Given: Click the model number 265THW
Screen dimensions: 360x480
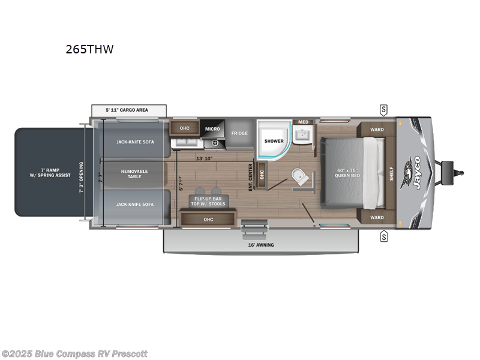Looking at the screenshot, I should (89, 50).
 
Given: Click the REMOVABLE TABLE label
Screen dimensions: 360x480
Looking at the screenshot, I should (134, 174).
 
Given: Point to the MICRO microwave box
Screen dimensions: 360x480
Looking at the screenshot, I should (212, 128).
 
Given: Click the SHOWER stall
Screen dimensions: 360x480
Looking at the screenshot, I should (274, 142).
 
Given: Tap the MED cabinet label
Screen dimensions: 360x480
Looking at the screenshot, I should (303, 122).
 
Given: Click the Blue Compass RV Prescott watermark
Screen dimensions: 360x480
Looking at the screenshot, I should (74, 353).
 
